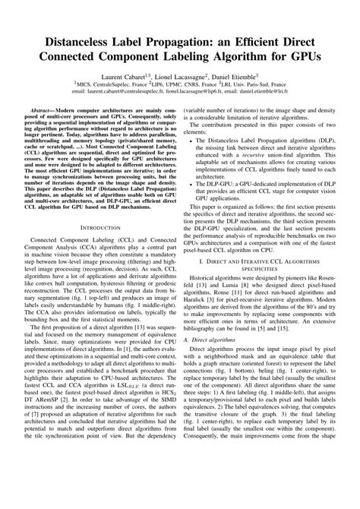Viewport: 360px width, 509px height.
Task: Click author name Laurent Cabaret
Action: [x=126, y=77]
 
